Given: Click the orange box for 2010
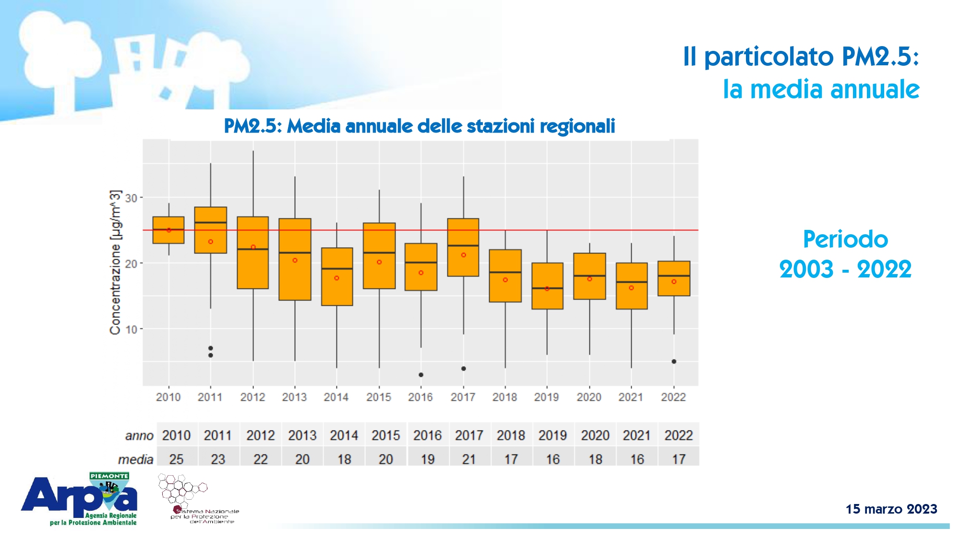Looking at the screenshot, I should (x=168, y=230).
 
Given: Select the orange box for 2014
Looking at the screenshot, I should (x=337, y=276).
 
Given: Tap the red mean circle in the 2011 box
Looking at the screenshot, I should (x=211, y=242).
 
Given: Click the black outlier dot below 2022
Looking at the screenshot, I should (x=674, y=361).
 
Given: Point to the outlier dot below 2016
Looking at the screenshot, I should (x=421, y=375).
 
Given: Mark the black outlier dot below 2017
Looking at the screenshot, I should (x=464, y=369).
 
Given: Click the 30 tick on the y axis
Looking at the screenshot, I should (x=131, y=198).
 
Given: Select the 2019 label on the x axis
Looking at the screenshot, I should (x=546, y=397).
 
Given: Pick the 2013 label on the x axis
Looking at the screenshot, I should (x=294, y=397).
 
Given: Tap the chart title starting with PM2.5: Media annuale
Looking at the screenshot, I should (x=419, y=126).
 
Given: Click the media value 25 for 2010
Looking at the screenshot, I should (x=176, y=459).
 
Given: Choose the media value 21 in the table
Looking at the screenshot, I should (x=469, y=459).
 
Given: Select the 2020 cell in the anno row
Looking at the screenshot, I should (x=595, y=435).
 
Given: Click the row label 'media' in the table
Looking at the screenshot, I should (x=135, y=460).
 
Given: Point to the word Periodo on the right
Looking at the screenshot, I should (x=845, y=240).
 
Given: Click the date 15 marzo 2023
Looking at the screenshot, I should (x=891, y=509).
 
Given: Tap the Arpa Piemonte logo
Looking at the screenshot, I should (x=80, y=499).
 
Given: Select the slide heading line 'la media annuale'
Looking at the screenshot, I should (x=821, y=90).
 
